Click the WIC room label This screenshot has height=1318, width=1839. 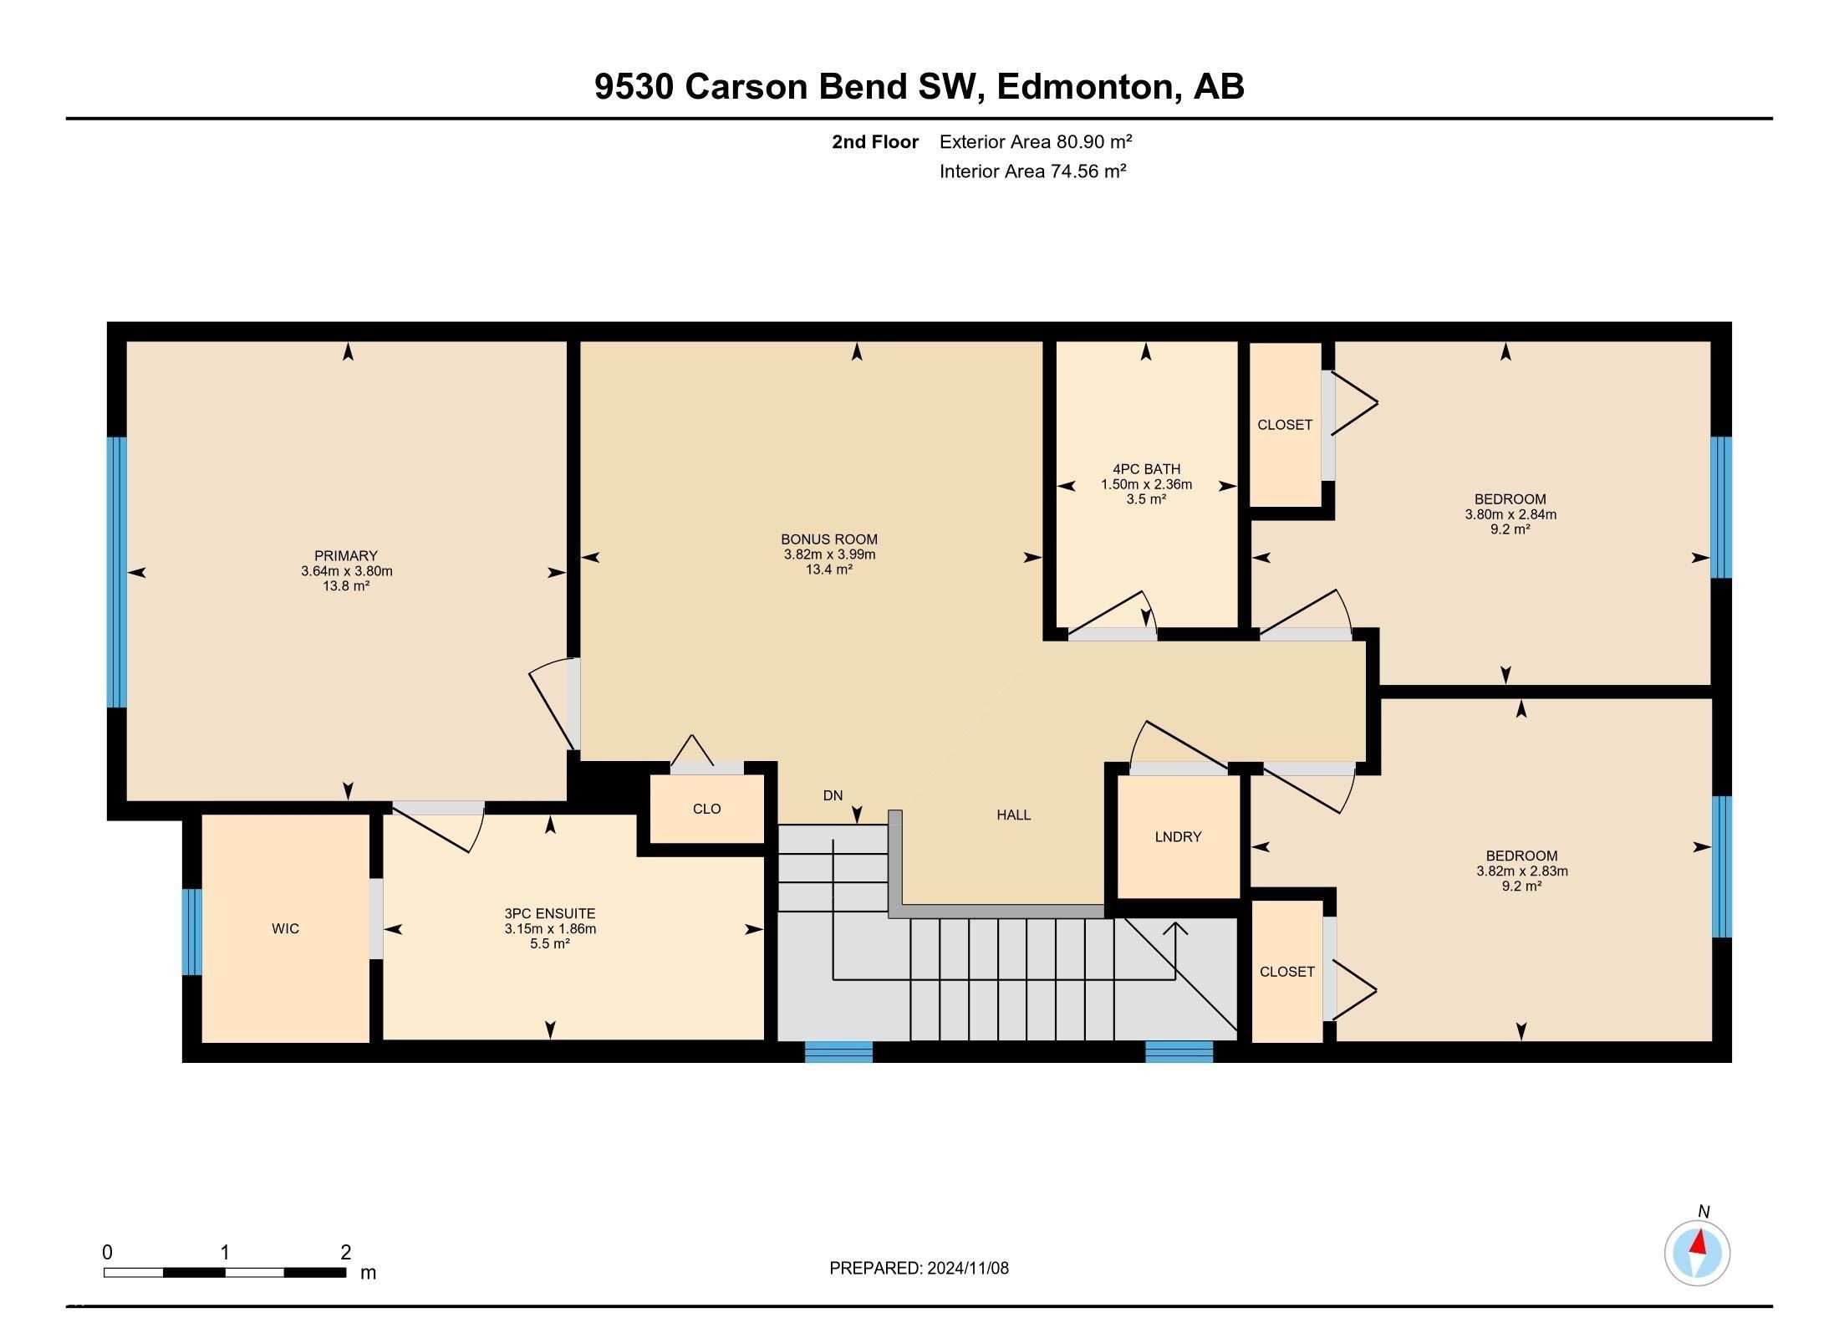point(285,929)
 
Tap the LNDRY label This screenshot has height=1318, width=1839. point(1178,837)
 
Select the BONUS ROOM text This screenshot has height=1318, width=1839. point(829,539)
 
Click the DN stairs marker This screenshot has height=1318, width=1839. point(833,796)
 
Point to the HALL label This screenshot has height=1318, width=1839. point(1013,815)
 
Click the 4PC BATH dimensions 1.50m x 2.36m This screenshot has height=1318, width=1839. point(1146,485)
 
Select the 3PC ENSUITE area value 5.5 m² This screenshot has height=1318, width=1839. point(550,944)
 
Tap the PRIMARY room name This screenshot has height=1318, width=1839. point(346,556)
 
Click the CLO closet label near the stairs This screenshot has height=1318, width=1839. point(706,810)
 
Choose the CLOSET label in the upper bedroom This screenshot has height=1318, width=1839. point(1285,426)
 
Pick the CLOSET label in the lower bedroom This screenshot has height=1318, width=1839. point(1287,972)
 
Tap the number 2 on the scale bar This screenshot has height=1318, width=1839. point(345,1253)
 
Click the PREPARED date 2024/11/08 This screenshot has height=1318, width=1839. point(967,1269)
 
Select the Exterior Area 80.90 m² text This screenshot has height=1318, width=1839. point(1035,142)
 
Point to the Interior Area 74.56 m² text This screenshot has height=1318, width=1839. point(1032,171)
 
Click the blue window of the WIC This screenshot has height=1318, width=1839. point(191,932)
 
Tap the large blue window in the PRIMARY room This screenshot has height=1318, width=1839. point(117,572)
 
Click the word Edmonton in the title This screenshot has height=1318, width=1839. point(1085,87)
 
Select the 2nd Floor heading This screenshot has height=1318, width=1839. point(874,142)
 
